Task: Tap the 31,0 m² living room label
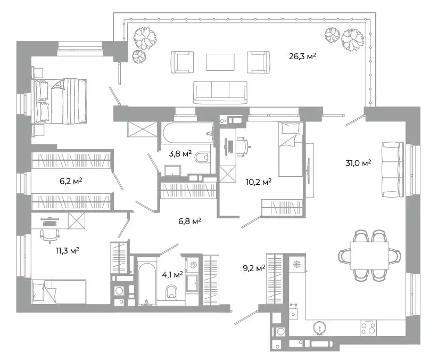point(358,163)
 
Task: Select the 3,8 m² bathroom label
point(179,154)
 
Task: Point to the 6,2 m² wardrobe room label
point(70,181)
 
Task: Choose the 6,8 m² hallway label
point(189,220)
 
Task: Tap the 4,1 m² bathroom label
point(172,275)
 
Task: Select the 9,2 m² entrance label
point(253,269)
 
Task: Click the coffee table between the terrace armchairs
point(220,62)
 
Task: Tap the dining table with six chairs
point(369,255)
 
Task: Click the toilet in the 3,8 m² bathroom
point(202,158)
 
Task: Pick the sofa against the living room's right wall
point(392,170)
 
